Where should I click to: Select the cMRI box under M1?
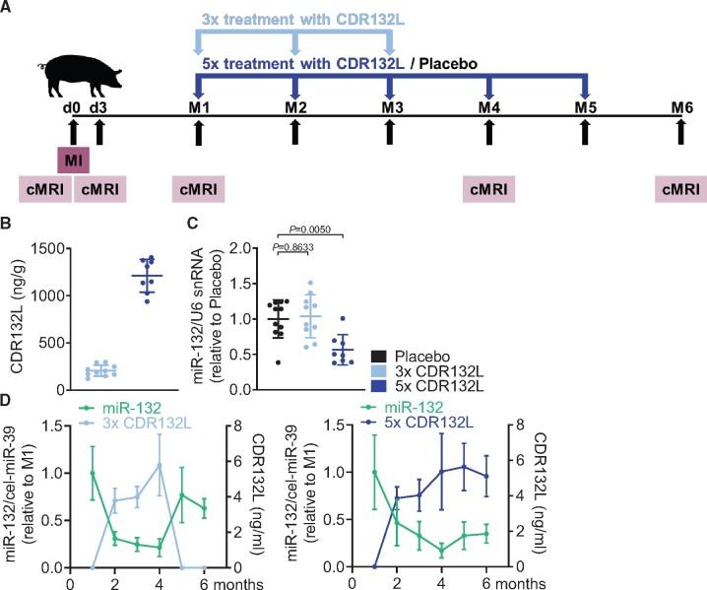199,188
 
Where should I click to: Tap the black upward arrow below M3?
392,129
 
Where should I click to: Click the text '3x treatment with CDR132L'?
292,20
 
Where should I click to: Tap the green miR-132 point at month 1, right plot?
375,472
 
